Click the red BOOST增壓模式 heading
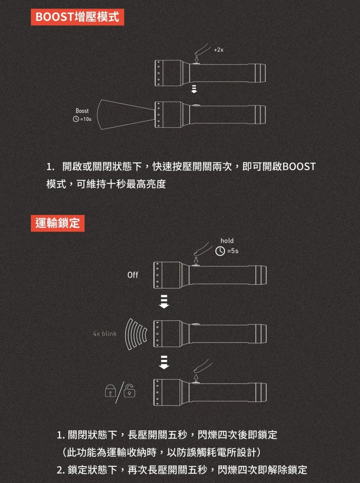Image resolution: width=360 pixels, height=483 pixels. point(77,17)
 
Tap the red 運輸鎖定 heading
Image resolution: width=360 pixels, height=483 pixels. point(58,223)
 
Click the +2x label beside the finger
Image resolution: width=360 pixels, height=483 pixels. point(218,50)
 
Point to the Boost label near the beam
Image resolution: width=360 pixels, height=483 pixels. point(82,111)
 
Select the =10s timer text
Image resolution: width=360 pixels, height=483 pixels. point(86,119)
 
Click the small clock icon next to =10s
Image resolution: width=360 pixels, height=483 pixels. point(76,119)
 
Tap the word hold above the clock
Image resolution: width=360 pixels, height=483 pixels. point(227,241)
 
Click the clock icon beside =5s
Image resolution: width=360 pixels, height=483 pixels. point(220,251)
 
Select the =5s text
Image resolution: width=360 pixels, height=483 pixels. point(233,251)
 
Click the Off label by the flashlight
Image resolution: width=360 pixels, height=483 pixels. point(133,275)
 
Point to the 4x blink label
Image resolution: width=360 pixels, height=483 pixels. point(105,334)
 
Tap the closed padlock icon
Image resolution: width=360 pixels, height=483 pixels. point(110,390)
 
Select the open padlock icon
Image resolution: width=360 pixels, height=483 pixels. point(130,390)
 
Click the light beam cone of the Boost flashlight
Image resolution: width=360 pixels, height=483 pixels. point(126,114)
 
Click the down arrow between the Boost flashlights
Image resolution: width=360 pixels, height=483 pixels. point(194,89)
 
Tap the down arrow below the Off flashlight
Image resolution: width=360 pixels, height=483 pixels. point(164,301)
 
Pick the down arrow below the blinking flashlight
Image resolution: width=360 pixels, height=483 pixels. point(164,362)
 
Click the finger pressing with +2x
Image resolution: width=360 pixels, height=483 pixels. point(201,50)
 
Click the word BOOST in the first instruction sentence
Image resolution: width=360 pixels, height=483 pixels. point(299,167)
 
